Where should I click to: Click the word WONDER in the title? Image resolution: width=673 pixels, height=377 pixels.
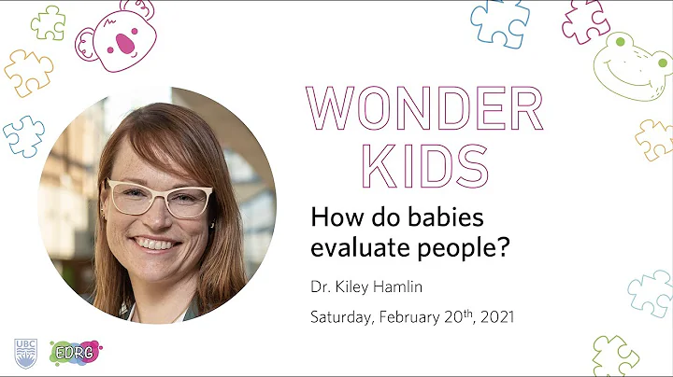pos(425,110)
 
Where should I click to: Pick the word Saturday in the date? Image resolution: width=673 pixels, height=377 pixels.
pos(342,317)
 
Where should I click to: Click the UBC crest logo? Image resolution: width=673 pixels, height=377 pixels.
pos(24,353)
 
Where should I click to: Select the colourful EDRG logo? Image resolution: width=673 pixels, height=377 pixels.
pos(75,353)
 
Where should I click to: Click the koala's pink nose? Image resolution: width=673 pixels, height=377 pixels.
pos(122,44)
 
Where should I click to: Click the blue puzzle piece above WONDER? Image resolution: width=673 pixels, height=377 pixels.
pos(499,22)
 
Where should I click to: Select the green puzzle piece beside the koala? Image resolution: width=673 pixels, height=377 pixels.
pos(48,22)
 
